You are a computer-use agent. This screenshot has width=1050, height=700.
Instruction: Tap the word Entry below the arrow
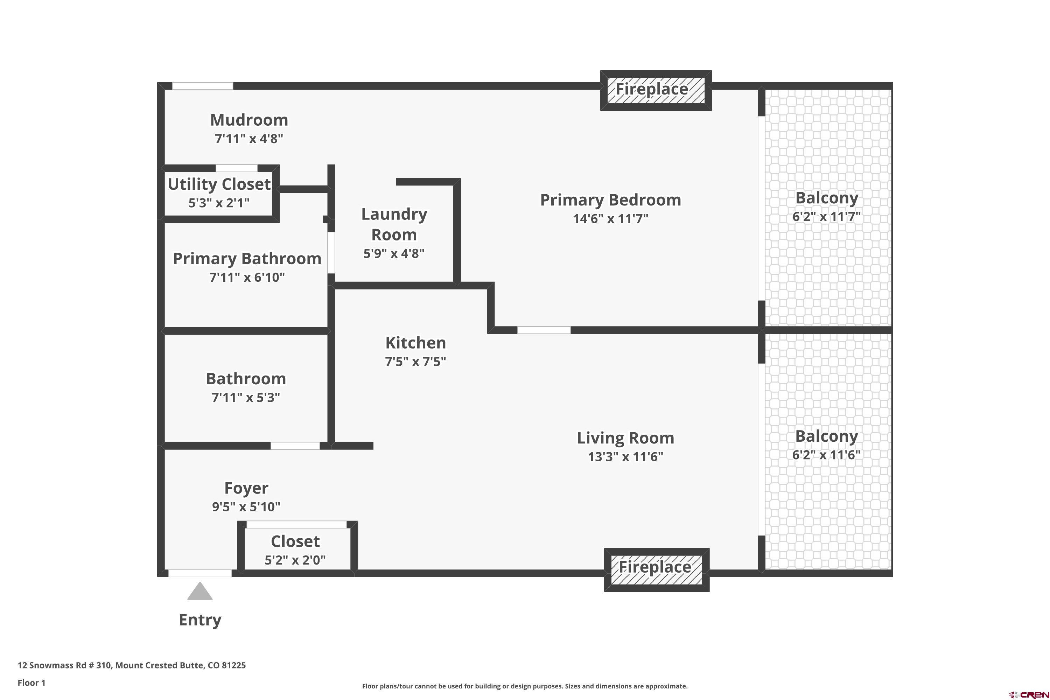(200, 620)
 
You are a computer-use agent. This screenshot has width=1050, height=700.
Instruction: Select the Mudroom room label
(249, 120)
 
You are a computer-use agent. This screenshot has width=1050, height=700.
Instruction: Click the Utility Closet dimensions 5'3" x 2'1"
(219, 203)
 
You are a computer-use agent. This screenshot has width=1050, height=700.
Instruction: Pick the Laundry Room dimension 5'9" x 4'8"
(394, 253)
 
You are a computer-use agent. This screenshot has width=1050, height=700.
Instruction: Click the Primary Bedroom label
(611, 200)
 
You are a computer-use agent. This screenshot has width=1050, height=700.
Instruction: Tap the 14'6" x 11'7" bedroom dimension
(611, 219)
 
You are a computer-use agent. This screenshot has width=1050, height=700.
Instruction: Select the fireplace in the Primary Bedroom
(656, 90)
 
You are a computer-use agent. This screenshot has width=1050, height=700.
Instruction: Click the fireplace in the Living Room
(657, 570)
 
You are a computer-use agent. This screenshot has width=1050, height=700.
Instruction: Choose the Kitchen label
(416, 343)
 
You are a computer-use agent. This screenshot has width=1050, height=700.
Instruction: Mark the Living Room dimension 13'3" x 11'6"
(625, 457)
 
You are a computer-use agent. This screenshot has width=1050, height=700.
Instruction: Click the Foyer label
(246, 488)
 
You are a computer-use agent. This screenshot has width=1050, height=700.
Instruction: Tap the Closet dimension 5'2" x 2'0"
(295, 560)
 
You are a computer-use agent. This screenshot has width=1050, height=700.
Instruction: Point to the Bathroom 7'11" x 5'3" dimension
(246, 397)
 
